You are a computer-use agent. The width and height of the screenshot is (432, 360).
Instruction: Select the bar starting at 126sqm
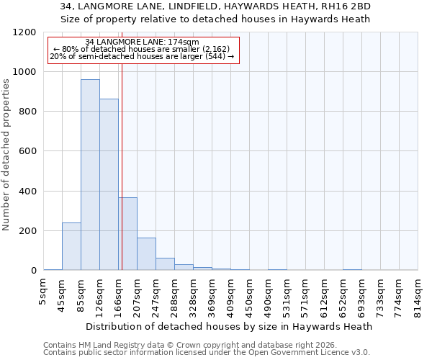[x=109, y=184]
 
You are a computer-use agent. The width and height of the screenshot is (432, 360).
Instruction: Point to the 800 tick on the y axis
[x=27, y=112]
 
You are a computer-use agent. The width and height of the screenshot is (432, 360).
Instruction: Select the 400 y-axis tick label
[x=27, y=192]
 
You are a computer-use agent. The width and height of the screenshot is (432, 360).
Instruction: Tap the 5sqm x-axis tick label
[x=44, y=288]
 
